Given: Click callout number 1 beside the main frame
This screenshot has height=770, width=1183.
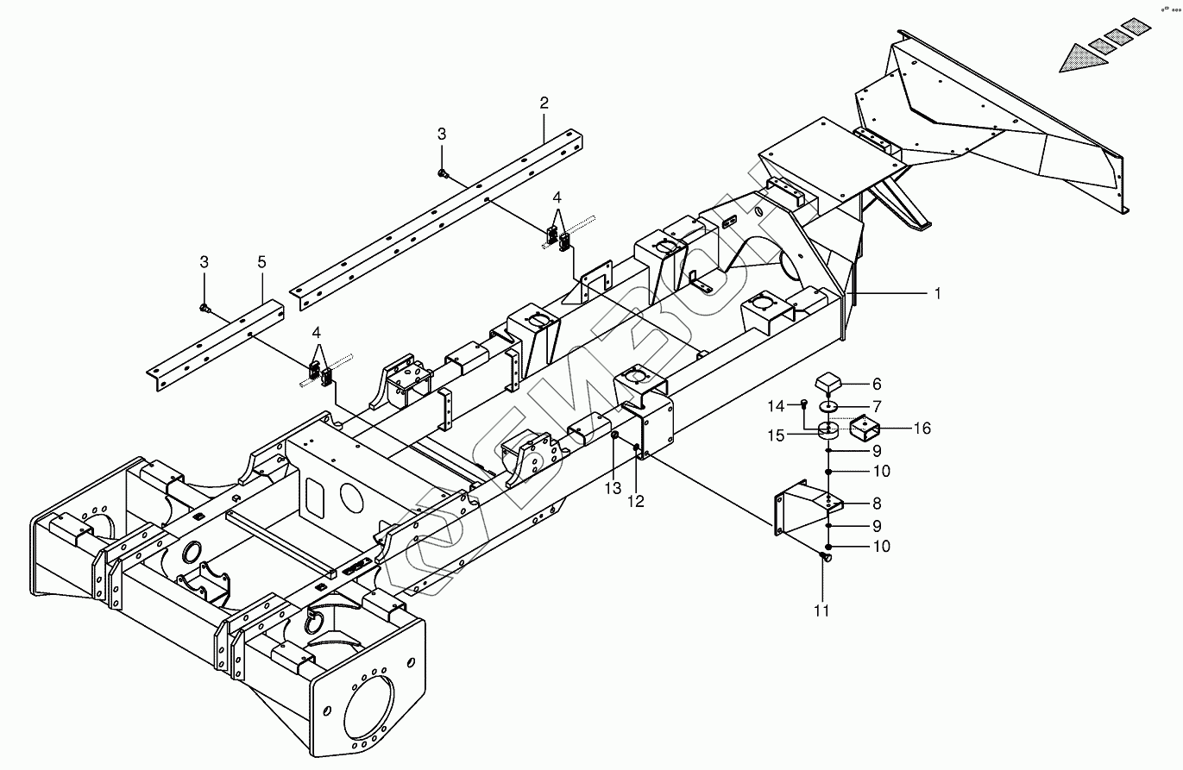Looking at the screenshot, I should pos(937,294).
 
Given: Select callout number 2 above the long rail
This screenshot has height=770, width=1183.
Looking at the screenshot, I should pos(544,103).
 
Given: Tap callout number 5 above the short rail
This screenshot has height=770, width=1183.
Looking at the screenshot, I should pos(262,261).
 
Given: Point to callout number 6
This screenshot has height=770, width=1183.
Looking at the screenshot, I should pos(876,385).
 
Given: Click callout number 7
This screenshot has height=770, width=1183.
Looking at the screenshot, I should pos(876,406).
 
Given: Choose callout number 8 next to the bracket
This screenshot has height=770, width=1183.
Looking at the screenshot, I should pos(876,504).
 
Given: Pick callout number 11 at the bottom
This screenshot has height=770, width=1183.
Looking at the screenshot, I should pos(821,611).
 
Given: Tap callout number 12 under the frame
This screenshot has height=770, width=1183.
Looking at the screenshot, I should pos(636,501).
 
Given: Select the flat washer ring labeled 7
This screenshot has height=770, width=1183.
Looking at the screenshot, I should pos(829,406).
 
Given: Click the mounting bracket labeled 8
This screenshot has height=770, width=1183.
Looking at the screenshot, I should pos(798,517).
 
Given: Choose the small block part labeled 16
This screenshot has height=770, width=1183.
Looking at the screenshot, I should pos(865,429).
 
